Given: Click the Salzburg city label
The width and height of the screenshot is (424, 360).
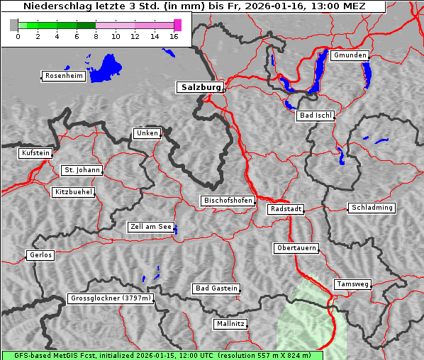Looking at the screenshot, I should pos(199,88).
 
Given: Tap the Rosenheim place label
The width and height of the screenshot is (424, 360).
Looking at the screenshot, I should pos(63,76).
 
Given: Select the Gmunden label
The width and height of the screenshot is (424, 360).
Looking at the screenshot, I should pos(350,55).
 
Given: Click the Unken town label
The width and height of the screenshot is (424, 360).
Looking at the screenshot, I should pos(146,133).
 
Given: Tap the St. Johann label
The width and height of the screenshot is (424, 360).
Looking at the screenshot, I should pos(82,170).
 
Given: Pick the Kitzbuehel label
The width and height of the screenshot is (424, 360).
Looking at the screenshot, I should pos(73,192).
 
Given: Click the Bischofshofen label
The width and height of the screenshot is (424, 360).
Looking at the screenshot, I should pos(228,201).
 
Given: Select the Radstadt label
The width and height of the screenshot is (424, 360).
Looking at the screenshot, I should pos(286,209).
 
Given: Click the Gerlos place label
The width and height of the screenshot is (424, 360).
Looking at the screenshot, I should pos(40,255).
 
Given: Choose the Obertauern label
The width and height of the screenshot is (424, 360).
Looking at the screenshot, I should pos(296,249).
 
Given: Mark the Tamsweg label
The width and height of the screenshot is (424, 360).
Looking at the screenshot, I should pos(352,284).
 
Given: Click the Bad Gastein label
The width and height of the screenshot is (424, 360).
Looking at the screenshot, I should pos(216,288).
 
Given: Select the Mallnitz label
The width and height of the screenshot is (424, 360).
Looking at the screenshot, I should pos(230,324).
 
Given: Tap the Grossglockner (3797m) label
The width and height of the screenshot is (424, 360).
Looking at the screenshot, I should pos(111,299).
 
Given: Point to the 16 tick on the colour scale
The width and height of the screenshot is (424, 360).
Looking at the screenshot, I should pos(174,36).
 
